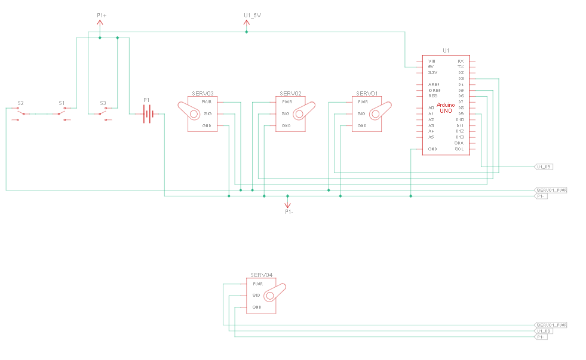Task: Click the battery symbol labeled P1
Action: click(147, 113)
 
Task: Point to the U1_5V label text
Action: click(252, 14)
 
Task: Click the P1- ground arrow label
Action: click(288, 211)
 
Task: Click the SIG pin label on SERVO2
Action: click(286, 113)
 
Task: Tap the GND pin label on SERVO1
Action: click(362, 125)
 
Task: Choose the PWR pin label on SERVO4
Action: click(257, 284)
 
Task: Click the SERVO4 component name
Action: click(260, 275)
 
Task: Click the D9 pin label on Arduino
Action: click(461, 113)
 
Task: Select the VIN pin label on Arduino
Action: click(431, 61)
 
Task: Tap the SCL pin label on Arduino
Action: click(459, 149)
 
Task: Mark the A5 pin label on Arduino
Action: click(431, 137)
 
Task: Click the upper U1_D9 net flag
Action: click(543, 167)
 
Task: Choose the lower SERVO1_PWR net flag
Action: click(550, 325)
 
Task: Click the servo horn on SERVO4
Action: click(275, 293)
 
